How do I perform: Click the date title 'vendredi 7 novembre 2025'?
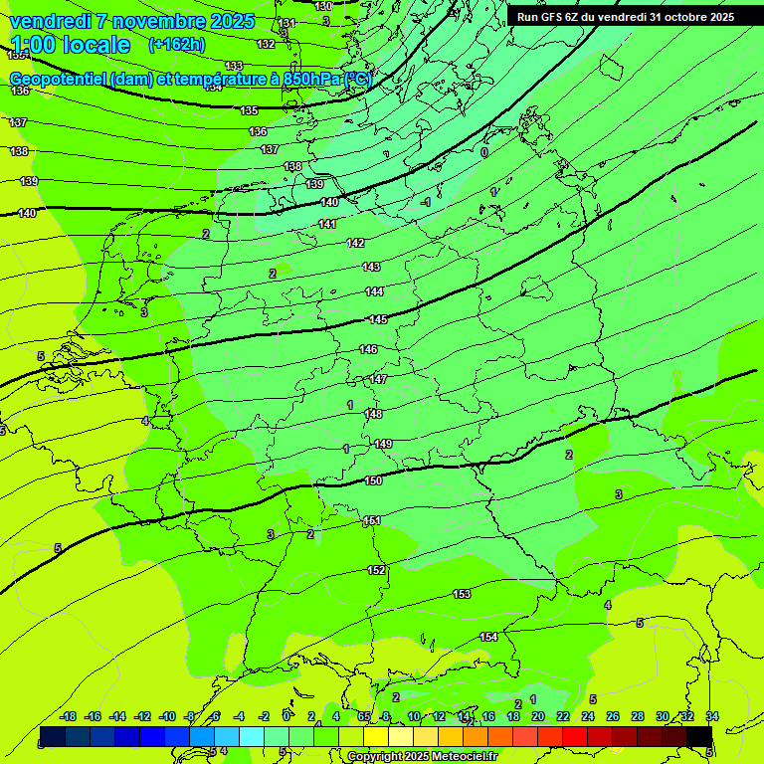tap(132, 21)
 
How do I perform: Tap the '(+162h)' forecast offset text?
tap(176, 45)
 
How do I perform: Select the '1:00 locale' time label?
tap(70, 45)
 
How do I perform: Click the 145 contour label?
tap(378, 319)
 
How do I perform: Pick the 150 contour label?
tap(373, 480)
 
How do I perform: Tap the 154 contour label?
tap(488, 637)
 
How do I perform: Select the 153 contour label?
tap(462, 594)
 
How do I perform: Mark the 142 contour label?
tap(355, 243)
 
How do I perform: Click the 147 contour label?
tap(378, 379)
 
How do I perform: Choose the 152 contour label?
tap(376, 570)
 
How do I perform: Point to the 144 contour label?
tap(374, 291)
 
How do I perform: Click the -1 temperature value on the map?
tap(425, 202)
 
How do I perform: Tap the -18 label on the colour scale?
tap(68, 716)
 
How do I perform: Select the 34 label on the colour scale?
tap(712, 716)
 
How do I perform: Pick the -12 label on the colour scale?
tap(142, 716)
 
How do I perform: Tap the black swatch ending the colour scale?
tap(699, 736)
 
